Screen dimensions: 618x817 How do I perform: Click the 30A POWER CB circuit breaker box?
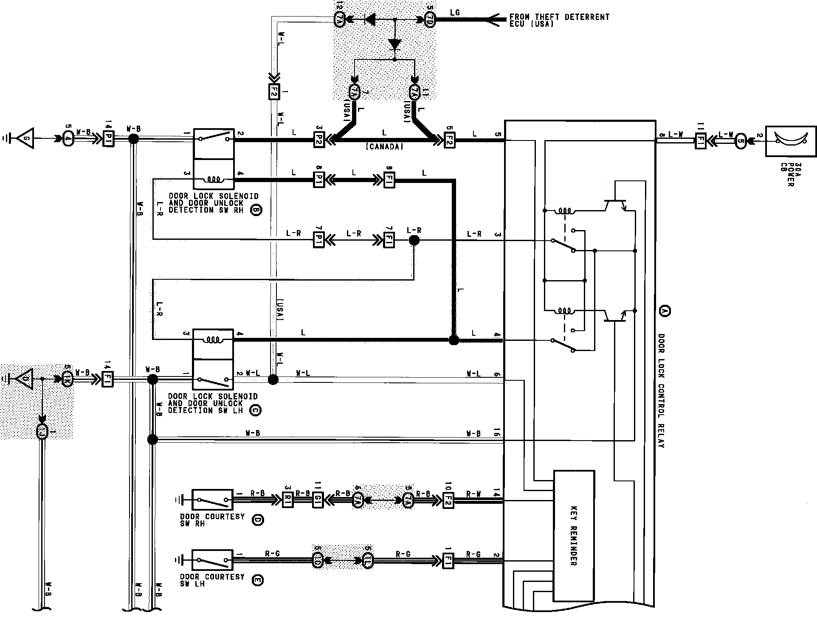pos(791,141)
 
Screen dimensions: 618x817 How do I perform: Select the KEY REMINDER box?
pos(574,536)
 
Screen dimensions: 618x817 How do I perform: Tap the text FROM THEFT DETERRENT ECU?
pos(559,20)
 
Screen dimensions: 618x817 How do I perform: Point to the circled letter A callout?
pos(664,311)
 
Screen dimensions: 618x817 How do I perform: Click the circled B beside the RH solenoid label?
pos(256,210)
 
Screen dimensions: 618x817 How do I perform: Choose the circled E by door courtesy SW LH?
pos(257,580)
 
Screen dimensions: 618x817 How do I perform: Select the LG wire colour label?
pos(454,13)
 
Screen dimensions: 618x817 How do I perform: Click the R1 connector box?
pos(288,500)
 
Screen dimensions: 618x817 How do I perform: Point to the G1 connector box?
pos(318,500)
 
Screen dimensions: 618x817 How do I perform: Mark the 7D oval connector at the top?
pos(429,20)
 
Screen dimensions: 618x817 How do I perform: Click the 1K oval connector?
pos(67,379)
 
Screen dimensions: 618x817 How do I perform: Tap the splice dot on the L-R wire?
pos(414,241)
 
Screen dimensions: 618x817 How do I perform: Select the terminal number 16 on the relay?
pos(497,433)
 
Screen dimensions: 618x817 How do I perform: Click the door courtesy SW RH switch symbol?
pos(212,500)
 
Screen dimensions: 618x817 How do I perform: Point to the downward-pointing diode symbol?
pos(395,44)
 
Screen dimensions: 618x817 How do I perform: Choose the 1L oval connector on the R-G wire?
pos(368,560)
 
